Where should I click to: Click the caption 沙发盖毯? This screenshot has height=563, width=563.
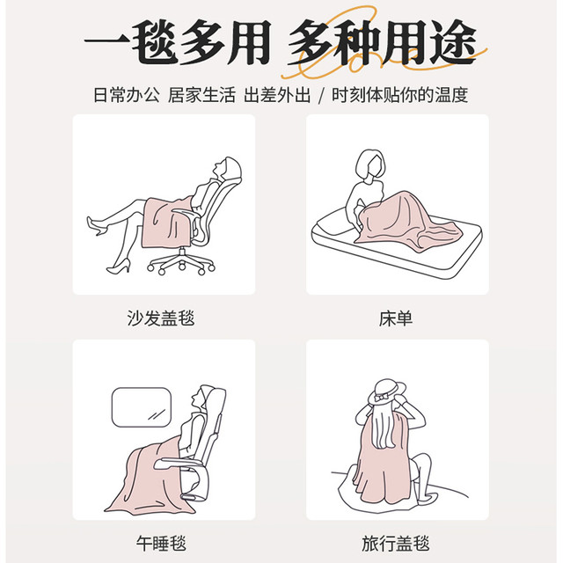pos(161,318)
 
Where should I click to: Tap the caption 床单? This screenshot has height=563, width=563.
pos(396,318)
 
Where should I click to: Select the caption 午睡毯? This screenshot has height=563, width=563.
pos(161,544)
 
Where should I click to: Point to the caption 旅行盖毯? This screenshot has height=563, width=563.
pos(396,544)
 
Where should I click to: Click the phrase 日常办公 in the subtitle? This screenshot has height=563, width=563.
pos(127,95)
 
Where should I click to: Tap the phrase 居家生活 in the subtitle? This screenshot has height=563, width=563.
pos(201,95)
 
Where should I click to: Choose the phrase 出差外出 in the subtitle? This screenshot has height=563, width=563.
pos(277,95)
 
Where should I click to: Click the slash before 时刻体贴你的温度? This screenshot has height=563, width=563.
pos(321,96)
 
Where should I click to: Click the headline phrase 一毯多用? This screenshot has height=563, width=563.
pos(178,42)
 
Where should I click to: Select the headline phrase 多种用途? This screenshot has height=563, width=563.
pos(383,42)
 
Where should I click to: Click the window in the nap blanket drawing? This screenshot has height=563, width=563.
pos(142,407)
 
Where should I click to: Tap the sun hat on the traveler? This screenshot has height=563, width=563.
pos(386,392)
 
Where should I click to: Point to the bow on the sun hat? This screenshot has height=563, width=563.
pos(380,398)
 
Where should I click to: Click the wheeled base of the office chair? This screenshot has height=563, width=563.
pos(181,263)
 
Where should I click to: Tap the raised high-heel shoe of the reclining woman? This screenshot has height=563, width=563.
pos(94,225)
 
